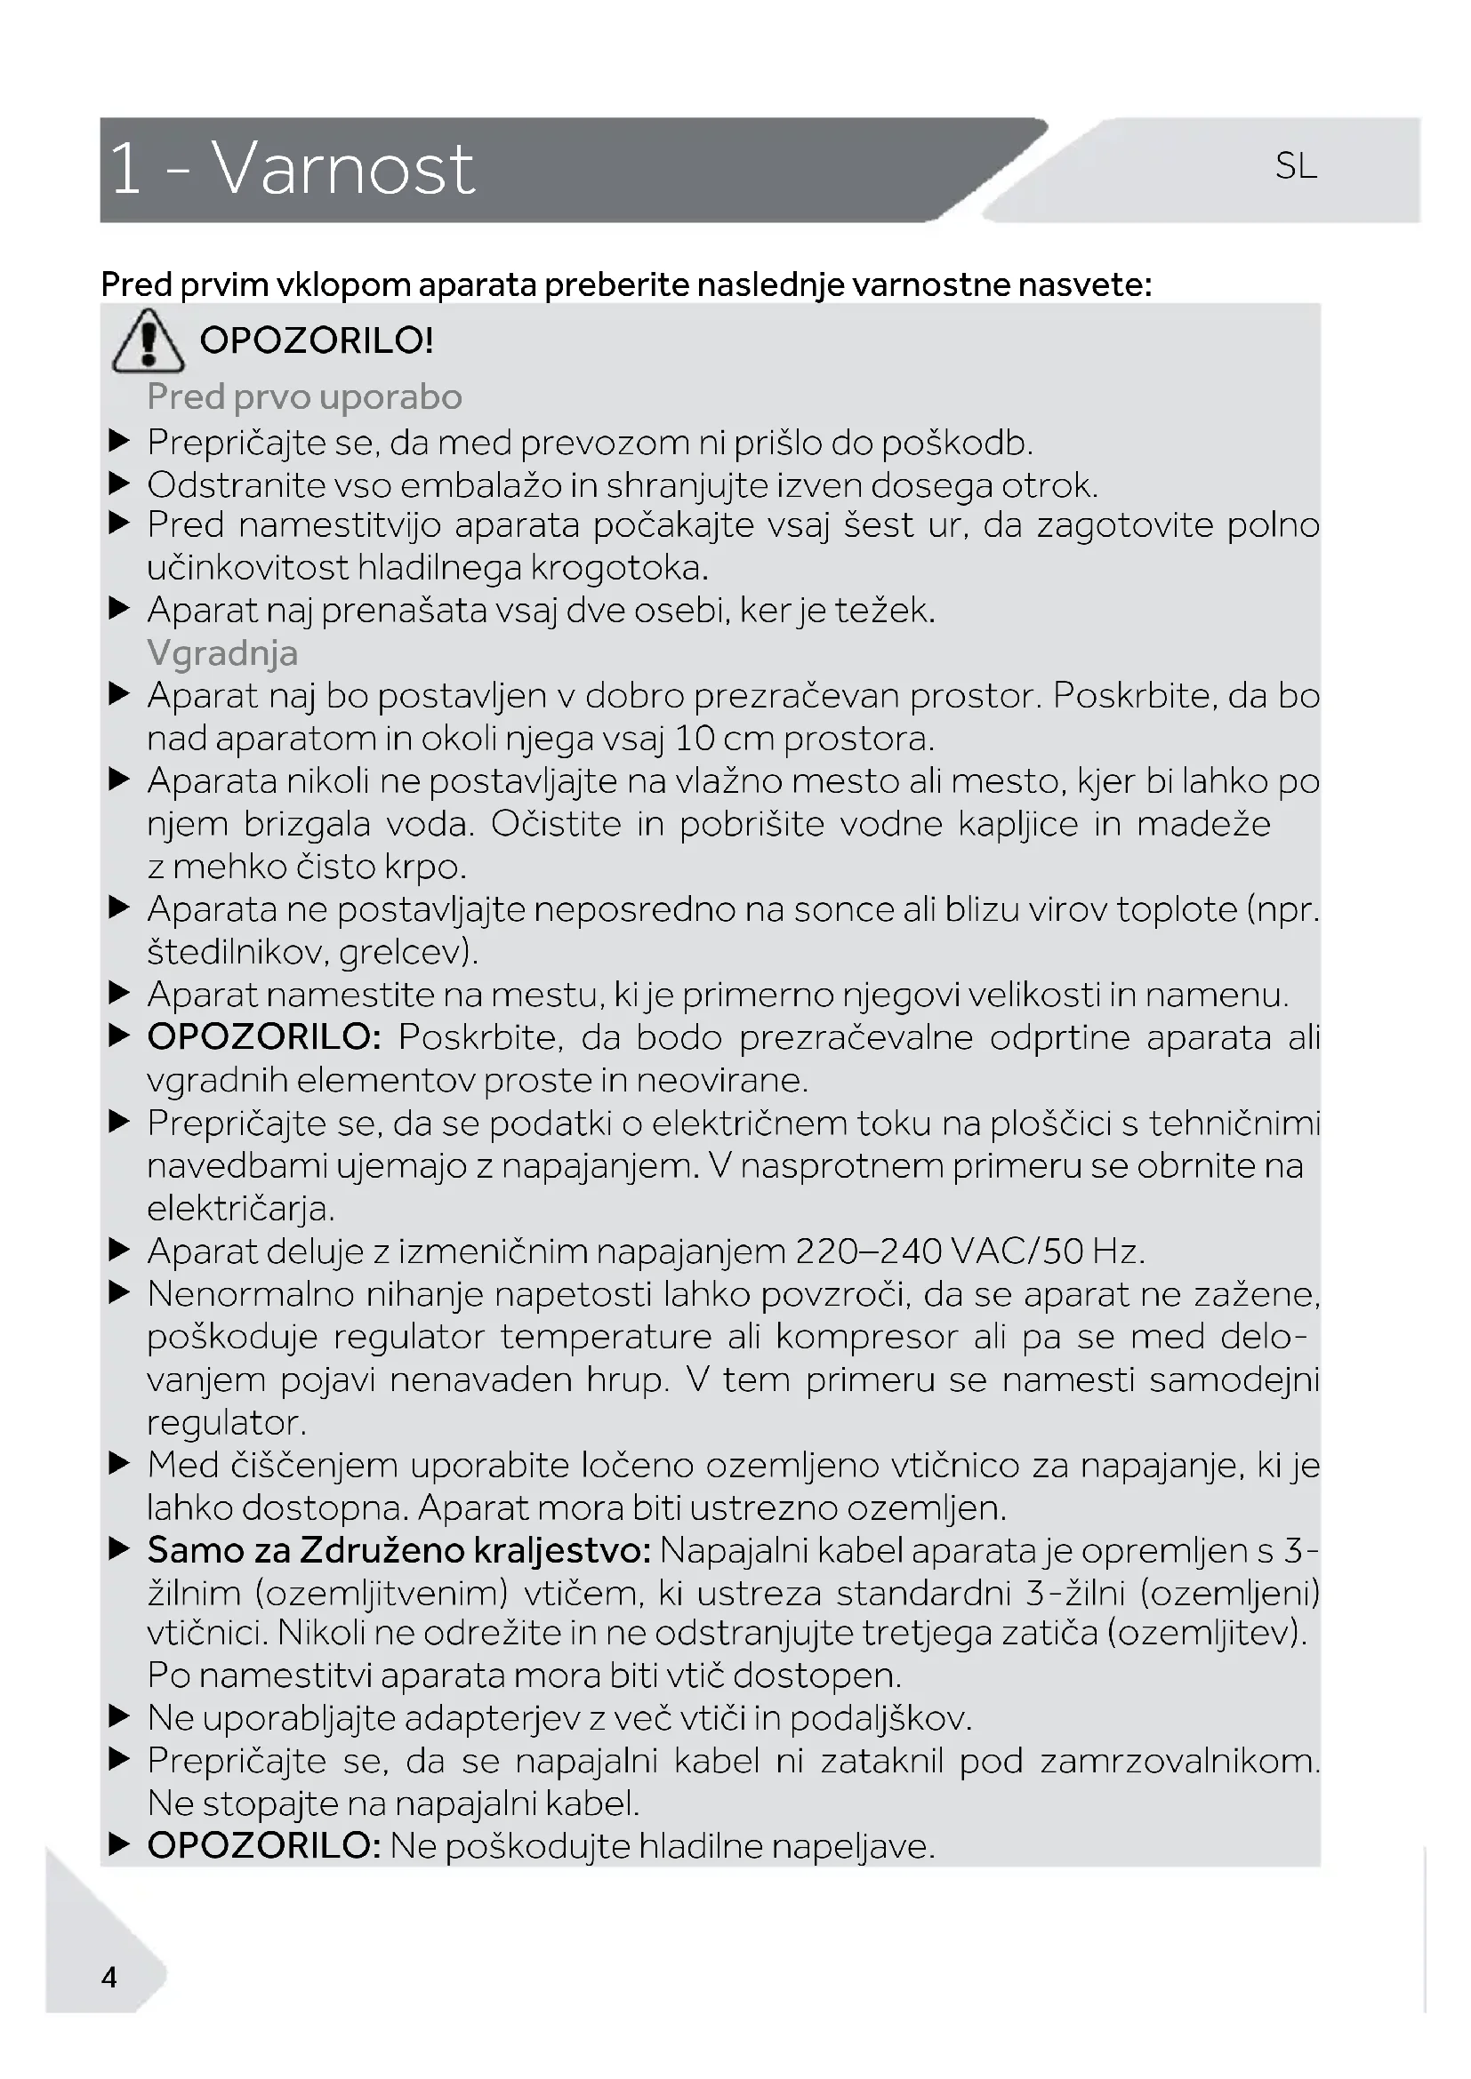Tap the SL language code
(1295, 165)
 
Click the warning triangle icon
(148, 341)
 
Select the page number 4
(109, 1977)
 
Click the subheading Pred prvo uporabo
(304, 396)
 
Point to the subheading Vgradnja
(222, 653)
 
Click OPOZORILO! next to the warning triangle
(316, 340)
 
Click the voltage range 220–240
(869, 1251)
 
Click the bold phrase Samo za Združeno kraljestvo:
(399, 1550)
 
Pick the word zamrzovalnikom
(1179, 1760)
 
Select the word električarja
(240, 1209)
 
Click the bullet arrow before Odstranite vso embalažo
(119, 484)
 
